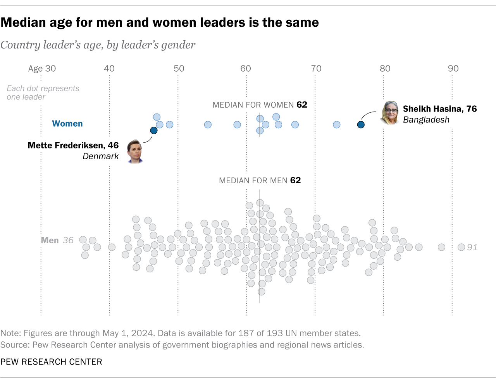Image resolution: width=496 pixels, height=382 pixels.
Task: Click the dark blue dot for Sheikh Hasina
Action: pyautogui.click(x=361, y=124)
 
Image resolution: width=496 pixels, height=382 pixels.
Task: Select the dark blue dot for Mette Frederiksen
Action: pyautogui.click(x=154, y=131)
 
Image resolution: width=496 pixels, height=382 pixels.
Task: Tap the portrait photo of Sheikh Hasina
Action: pyautogui.click(x=390, y=113)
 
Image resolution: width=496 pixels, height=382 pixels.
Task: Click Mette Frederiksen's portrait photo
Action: pyautogui.click(x=135, y=151)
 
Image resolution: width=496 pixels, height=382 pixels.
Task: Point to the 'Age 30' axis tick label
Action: pyautogui.click(x=42, y=69)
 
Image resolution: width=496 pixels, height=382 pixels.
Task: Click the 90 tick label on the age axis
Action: pyautogui.click(x=453, y=69)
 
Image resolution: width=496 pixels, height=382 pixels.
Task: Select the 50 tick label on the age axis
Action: pyautogui.click(x=179, y=69)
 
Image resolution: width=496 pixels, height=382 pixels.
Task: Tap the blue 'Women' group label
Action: pyautogui.click(x=67, y=124)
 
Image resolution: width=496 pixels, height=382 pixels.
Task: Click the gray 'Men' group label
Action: pyautogui.click(x=50, y=240)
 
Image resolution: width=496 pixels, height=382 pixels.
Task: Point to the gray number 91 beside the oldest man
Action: pyautogui.click(x=472, y=247)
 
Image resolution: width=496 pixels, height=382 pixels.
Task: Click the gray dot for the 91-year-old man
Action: pyautogui.click(x=461, y=247)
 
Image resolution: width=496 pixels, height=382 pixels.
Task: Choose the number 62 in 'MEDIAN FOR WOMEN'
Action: pyautogui.click(x=302, y=105)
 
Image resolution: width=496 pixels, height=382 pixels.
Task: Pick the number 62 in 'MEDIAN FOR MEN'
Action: pyautogui.click(x=295, y=180)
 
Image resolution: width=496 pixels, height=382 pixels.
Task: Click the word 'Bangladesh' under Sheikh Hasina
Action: pyautogui.click(x=426, y=120)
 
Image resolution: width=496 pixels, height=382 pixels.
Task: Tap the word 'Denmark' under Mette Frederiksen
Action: pyautogui.click(x=100, y=156)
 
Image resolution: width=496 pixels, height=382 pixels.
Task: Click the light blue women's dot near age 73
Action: pyautogui.click(x=337, y=124)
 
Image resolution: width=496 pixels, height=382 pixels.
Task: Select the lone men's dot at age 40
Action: pyautogui.click(x=112, y=247)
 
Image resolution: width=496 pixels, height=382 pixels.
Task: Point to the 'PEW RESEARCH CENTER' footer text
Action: pyautogui.click(x=51, y=362)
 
